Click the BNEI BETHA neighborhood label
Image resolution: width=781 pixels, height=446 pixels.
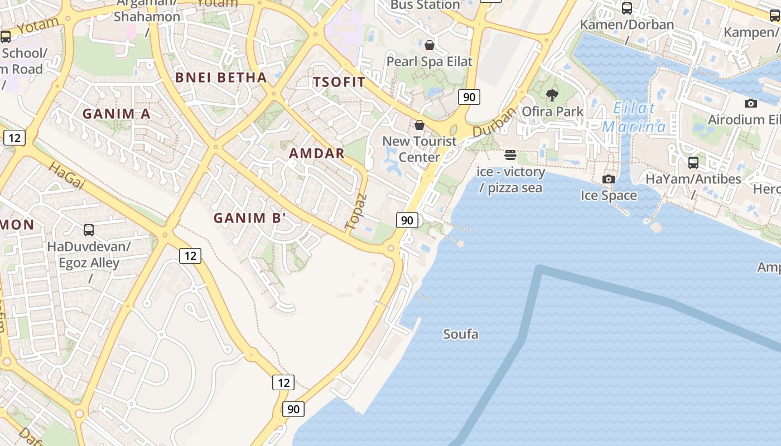[x=221, y=77]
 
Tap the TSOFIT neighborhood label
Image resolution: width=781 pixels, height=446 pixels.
[x=339, y=83]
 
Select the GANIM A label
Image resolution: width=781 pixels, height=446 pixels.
[x=116, y=114]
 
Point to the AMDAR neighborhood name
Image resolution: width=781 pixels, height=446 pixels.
[x=316, y=153]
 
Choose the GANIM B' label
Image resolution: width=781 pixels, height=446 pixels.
[x=249, y=218]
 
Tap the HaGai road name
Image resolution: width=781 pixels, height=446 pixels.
[x=66, y=176]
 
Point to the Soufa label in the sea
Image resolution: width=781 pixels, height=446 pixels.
[x=461, y=334]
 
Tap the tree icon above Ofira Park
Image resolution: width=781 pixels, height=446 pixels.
[x=552, y=95]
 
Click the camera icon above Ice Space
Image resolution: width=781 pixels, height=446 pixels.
[x=608, y=179]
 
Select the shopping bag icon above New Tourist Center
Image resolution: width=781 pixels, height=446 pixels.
[x=420, y=125]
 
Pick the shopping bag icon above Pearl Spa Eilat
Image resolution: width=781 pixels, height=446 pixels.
[x=430, y=45]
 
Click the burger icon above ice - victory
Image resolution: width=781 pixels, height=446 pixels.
[x=510, y=154]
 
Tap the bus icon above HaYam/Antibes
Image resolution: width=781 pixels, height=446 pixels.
[x=693, y=163]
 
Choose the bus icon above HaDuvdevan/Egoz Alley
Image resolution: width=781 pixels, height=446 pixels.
[x=88, y=230]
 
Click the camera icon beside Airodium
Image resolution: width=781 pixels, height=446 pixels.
[x=750, y=103]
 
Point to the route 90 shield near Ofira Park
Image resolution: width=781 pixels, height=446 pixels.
[x=469, y=97]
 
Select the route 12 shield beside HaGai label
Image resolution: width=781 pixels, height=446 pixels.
[x=14, y=138]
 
